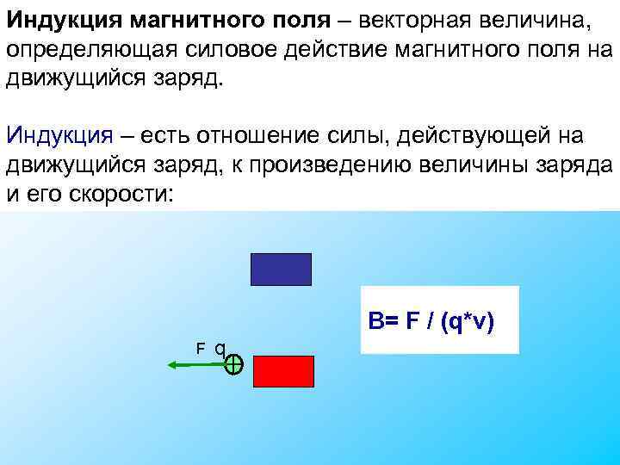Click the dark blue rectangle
280,269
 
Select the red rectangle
283,370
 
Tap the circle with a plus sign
234,365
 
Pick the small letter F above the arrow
200,349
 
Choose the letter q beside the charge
220,349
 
